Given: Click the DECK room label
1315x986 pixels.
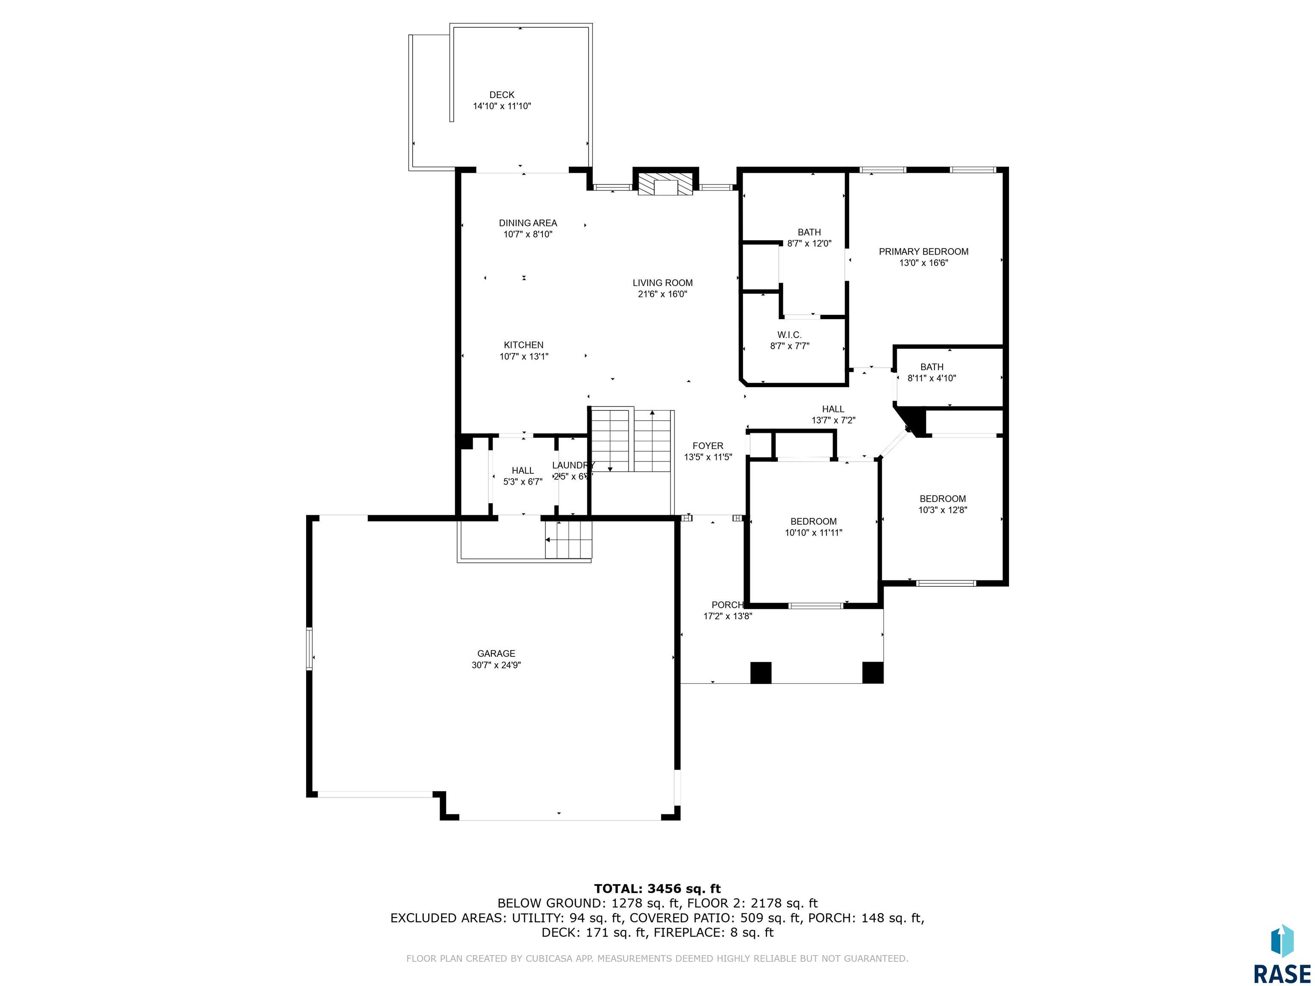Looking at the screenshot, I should pos(502,95).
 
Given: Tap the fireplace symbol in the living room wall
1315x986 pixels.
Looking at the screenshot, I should pos(665,184).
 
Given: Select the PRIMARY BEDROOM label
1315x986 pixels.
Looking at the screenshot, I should pos(923,251).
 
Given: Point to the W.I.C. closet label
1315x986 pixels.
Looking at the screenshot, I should pos(789,335).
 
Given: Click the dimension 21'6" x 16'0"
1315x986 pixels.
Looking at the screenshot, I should pos(662,294).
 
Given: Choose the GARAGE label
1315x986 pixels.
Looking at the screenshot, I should pos(496,653).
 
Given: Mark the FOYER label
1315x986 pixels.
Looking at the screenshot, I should pos(708,446).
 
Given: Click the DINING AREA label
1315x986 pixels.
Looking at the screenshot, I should pos(528,223).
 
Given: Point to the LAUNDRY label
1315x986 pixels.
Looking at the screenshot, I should pos(572,465).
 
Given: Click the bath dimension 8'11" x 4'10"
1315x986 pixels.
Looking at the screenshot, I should pos(931,378).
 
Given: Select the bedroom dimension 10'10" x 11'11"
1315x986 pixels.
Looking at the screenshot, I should pos(813,532).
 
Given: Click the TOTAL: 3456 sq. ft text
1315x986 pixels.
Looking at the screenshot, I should pos(657,888).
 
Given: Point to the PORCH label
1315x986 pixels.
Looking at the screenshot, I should pos(727,605).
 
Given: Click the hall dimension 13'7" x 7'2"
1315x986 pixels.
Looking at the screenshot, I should pos(833,420).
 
